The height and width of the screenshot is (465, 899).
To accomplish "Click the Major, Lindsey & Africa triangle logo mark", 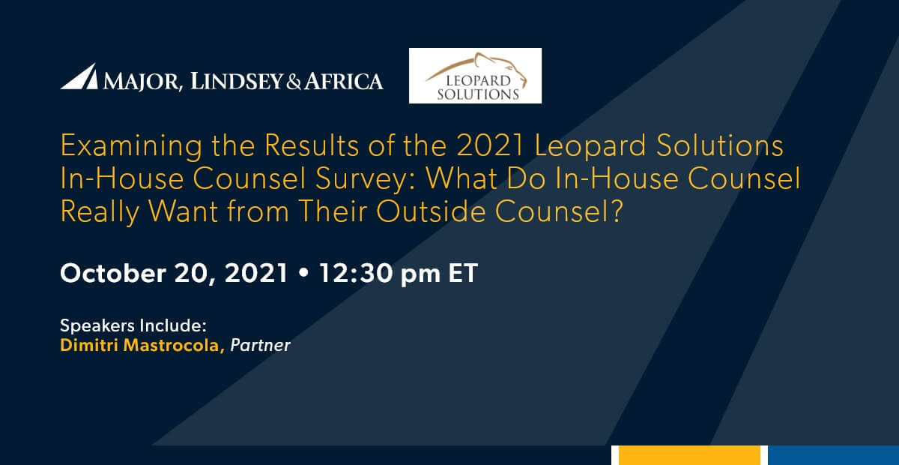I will pos(79,76).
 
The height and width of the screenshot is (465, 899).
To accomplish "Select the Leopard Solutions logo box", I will pos(475,76).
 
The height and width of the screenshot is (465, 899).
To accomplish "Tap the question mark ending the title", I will pos(617,211).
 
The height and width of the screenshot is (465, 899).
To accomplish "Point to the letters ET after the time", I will pos(461,273).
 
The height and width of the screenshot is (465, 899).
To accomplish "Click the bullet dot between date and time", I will pos(303,274).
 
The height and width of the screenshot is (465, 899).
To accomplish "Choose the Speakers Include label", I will pos(133,326).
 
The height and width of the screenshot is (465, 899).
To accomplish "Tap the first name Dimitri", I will pos(88,346).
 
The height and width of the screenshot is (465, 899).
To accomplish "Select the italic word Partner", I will pos(260,346).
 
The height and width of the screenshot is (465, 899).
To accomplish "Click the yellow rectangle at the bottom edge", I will pos(689,455).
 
